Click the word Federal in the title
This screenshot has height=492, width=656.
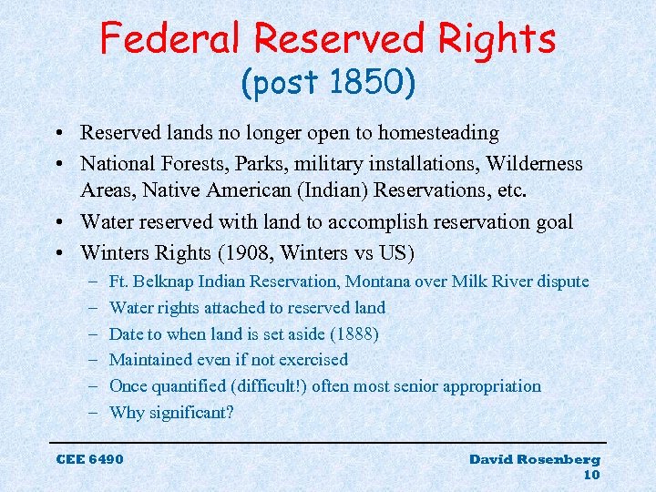tap(170, 38)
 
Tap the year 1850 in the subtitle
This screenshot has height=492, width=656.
tap(374, 85)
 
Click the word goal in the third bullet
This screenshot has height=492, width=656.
tap(550, 223)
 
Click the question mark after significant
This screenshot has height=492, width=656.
tap(230, 413)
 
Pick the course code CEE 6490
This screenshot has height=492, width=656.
tap(89, 459)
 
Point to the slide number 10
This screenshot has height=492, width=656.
tap(590, 475)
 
